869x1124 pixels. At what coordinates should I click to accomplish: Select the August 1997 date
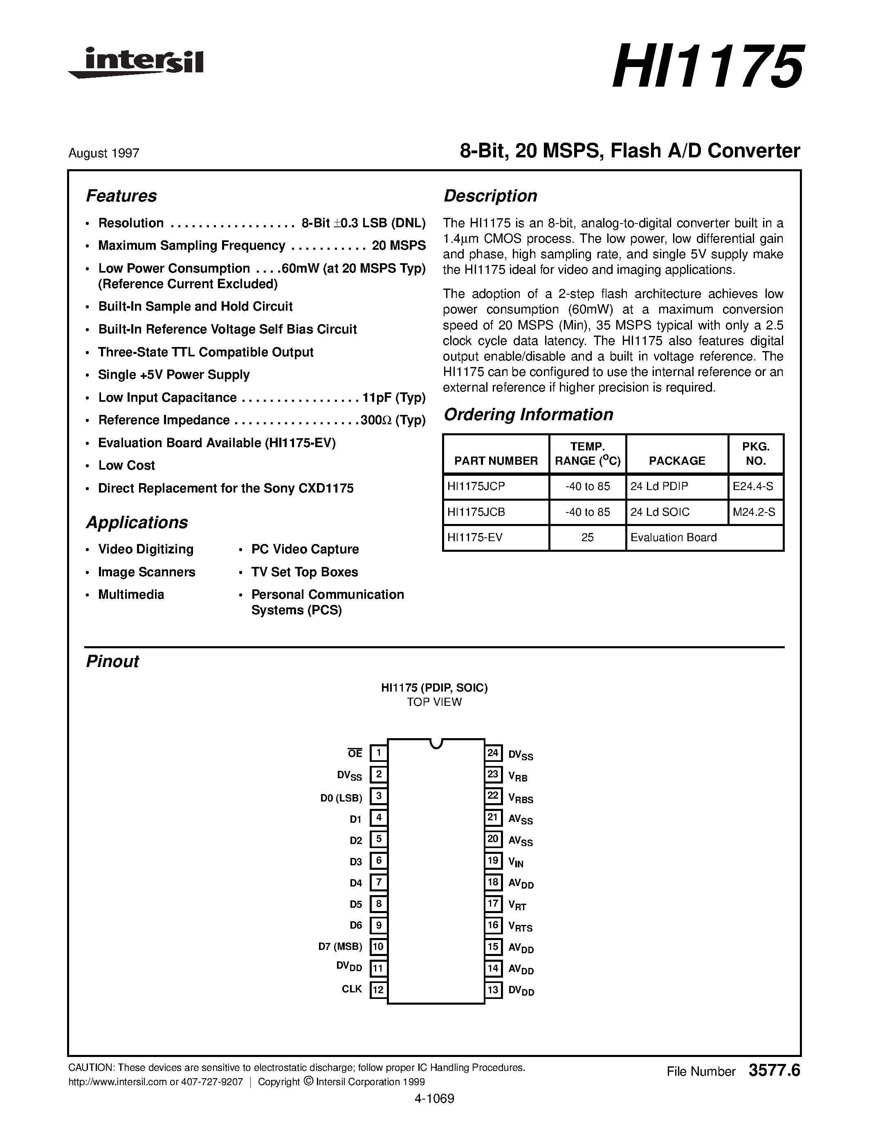(103, 153)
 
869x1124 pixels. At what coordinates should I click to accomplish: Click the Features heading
(121, 196)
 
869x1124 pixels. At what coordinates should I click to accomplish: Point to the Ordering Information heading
(528, 415)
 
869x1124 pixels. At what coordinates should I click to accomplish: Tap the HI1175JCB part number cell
(476, 512)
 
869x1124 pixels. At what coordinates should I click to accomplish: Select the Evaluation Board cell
(674, 537)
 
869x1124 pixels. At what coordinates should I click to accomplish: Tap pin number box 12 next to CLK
(378, 989)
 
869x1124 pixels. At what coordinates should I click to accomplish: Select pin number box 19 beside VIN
(493, 860)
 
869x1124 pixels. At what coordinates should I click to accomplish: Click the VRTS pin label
(520, 926)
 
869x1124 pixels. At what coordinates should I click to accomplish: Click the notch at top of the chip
(436, 743)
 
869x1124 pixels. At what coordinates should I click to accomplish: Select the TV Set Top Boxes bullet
(304, 572)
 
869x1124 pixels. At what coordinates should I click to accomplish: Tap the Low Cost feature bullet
(126, 465)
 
